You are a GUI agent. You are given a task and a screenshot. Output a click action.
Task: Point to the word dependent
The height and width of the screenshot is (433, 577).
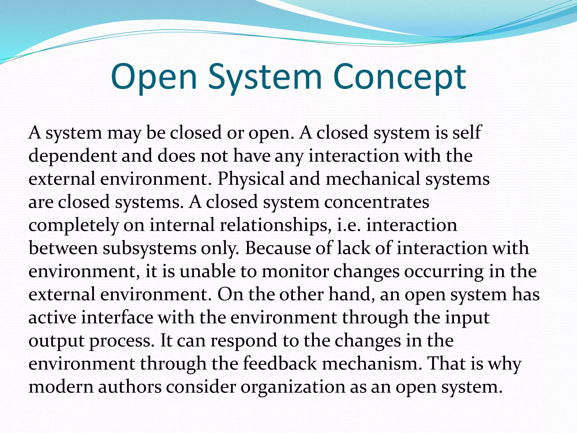click(x=73, y=156)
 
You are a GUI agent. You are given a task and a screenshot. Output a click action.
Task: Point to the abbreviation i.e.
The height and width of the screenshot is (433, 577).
click(x=349, y=225)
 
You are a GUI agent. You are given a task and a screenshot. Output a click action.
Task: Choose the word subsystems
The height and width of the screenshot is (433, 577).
click(x=149, y=248)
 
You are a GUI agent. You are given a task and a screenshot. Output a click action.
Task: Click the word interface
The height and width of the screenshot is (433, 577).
click(x=117, y=317)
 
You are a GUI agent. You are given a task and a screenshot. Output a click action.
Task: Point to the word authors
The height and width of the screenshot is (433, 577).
click(x=130, y=387)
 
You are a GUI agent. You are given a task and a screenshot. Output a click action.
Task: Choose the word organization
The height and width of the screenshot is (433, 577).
click(x=293, y=387)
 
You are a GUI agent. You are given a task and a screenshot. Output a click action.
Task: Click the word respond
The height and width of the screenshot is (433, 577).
click(x=244, y=341)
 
